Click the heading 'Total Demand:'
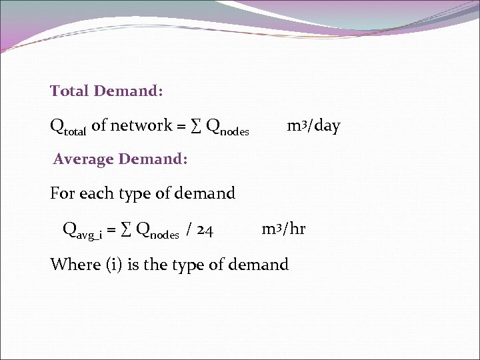[107, 91]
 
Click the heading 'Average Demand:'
[121, 159]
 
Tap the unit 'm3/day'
[313, 125]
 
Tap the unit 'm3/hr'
[283, 229]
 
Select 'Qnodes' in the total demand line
[227, 127]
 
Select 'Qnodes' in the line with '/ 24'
[157, 231]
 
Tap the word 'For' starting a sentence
[63, 193]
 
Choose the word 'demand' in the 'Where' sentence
[258, 265]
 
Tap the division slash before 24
[190, 231]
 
